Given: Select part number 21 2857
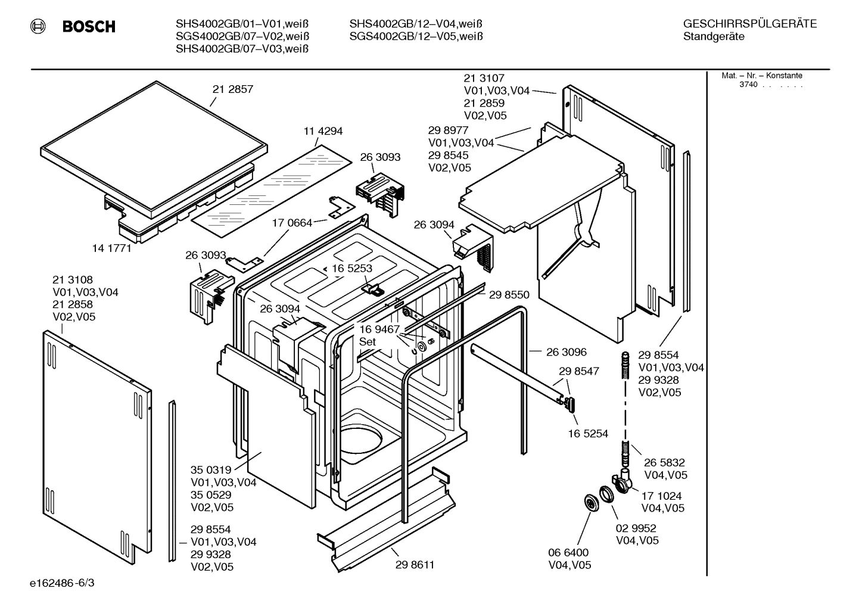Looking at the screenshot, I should (x=232, y=89).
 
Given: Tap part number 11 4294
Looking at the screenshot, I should (x=323, y=131).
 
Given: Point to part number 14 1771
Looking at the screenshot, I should (x=111, y=248).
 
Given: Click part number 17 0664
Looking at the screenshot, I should (x=292, y=223).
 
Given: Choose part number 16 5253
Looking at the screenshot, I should (x=351, y=269).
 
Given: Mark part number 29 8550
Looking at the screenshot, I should (x=509, y=294).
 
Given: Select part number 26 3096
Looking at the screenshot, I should (x=566, y=352).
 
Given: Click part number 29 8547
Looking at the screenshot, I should (x=578, y=371).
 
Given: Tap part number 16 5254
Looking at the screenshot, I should (x=587, y=434).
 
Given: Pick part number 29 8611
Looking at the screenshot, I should (x=414, y=565).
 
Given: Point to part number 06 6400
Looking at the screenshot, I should (x=568, y=553).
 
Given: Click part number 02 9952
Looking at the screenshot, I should (x=636, y=528).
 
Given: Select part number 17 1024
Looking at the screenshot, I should (x=661, y=496).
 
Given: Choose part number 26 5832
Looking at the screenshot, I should (x=664, y=462).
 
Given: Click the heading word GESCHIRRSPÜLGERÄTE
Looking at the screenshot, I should (x=750, y=24).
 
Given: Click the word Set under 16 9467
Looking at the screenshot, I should (x=368, y=342).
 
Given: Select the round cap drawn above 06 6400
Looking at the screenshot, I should (x=590, y=502).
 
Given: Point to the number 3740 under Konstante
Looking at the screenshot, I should (x=748, y=85).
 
